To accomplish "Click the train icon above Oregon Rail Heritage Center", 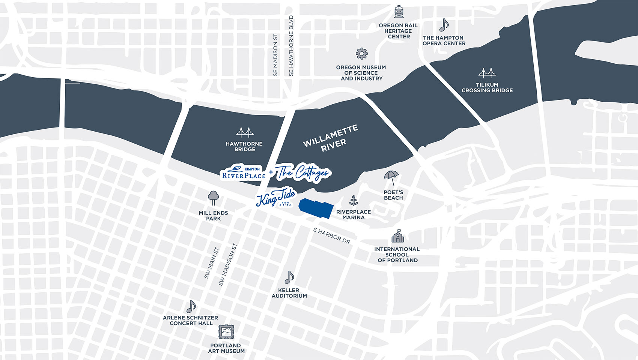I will tap(399, 12).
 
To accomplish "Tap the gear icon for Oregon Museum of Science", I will tap(361, 54).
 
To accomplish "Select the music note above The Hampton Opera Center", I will tap(444, 25).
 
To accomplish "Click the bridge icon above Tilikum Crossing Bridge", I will tap(487, 73).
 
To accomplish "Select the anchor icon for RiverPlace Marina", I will tap(353, 201).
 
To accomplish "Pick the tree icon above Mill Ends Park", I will tap(213, 198).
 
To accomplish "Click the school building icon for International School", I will tap(397, 236).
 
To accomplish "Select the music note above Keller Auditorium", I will tap(289, 277).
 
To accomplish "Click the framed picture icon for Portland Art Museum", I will tap(226, 332).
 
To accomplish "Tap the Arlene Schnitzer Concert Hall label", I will tap(191, 320).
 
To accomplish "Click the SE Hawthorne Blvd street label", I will tap(291, 46).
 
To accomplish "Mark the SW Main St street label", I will tap(211, 263).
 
